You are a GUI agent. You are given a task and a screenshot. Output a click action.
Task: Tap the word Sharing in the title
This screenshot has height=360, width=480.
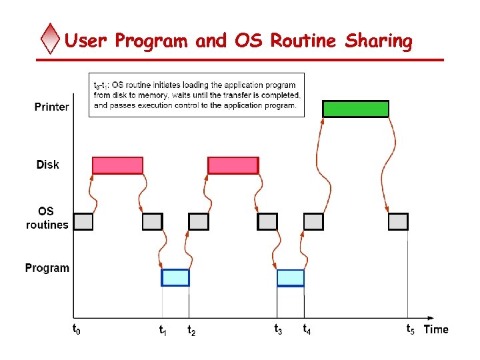pyautogui.click(x=379, y=41)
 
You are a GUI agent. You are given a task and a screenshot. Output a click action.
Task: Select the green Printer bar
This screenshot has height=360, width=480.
pyautogui.click(x=355, y=109)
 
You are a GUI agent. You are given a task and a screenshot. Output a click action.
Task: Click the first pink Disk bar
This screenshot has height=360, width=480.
pyautogui.click(x=117, y=165)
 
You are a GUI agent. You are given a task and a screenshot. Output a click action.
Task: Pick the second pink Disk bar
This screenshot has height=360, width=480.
pyautogui.click(x=233, y=165)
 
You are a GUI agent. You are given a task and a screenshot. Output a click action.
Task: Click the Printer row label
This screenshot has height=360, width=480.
pyautogui.click(x=51, y=107)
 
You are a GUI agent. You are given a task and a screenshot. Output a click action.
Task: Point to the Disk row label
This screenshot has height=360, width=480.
pyautogui.click(x=48, y=165)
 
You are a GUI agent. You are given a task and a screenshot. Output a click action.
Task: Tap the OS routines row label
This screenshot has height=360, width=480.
pyautogui.click(x=47, y=218)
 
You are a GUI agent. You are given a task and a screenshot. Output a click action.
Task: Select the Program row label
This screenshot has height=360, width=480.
pyautogui.click(x=47, y=268)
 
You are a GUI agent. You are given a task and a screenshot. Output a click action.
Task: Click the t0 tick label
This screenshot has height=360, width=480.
pyautogui.click(x=76, y=329)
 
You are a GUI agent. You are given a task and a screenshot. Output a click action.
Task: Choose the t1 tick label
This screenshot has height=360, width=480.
pyautogui.click(x=163, y=329)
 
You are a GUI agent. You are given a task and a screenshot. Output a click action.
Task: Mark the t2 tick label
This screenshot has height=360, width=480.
pyautogui.click(x=191, y=329)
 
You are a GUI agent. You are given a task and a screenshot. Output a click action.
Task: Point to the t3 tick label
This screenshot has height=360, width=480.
pyautogui.click(x=278, y=329)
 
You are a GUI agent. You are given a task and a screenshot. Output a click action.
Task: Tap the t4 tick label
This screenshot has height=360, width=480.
pyautogui.click(x=307, y=329)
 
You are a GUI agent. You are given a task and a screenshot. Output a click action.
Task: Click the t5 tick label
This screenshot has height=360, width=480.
pyautogui.click(x=410, y=329)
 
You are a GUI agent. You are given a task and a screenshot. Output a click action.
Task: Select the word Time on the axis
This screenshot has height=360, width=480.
pyautogui.click(x=436, y=329)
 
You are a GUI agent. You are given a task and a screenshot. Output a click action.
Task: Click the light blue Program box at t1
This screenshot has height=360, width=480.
pyautogui.click(x=175, y=277)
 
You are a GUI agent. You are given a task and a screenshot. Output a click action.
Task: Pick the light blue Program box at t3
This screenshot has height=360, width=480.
pyautogui.click(x=290, y=278)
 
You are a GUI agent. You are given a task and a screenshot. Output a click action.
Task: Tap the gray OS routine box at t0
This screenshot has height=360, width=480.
pyautogui.click(x=83, y=221)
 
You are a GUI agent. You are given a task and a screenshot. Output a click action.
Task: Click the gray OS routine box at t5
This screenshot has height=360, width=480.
pyautogui.click(x=398, y=221)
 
